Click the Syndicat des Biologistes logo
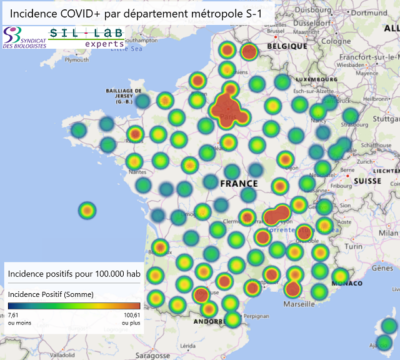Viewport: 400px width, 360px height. coord(24,38)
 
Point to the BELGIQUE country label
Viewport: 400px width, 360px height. coord(287,46)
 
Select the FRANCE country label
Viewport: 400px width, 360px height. coord(239,184)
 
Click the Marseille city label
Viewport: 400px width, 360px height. coord(299,305)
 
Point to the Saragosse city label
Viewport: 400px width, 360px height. coord(152,355)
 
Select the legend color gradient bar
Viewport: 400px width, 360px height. coord(74,306)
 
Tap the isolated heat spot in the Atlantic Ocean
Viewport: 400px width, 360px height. coord(87,211)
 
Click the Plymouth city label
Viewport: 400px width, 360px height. coord(77,60)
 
